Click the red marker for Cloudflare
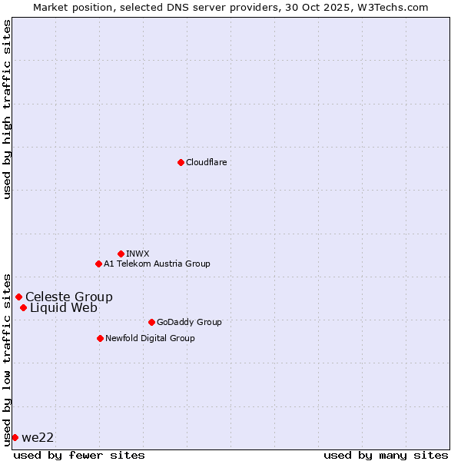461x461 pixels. click(181, 162)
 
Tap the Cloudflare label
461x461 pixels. click(206, 162)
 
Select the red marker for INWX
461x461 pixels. click(121, 254)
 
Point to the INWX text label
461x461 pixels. click(138, 254)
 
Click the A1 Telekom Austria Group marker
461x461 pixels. click(98, 264)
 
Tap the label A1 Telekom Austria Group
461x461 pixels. click(157, 264)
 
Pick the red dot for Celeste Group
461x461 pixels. click(18, 297)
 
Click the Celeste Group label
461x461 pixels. click(69, 297)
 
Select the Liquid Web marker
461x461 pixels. click(23, 307)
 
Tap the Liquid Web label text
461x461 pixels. click(64, 307)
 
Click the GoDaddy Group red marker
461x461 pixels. click(151, 322)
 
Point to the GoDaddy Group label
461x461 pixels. click(189, 322)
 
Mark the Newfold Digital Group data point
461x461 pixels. click(100, 338)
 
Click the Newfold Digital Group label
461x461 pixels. click(150, 338)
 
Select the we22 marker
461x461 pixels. click(15, 437)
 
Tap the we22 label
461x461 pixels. click(38, 437)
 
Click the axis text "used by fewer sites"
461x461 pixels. click(79, 455)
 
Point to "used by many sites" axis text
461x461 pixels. click(386, 455)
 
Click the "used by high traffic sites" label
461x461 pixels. click(7, 109)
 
